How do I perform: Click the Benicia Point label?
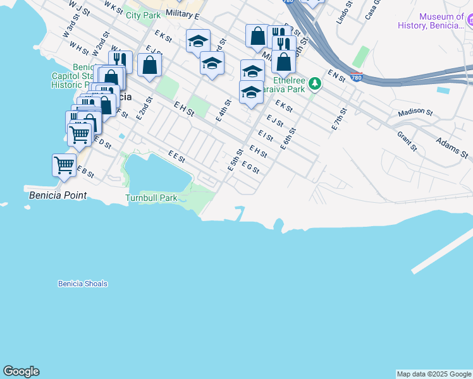coord(58,195)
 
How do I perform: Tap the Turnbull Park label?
coord(150,198)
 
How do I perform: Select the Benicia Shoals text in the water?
coord(82,284)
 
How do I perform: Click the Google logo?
coord(21,371)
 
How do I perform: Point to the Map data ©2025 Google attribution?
coord(433,374)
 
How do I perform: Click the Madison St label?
coord(415,113)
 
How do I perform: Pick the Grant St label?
coord(407,141)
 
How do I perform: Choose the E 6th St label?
coord(288,138)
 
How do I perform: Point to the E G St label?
coord(250,167)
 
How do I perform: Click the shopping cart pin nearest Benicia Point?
coord(64,165)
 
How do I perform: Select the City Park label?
coord(143,15)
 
